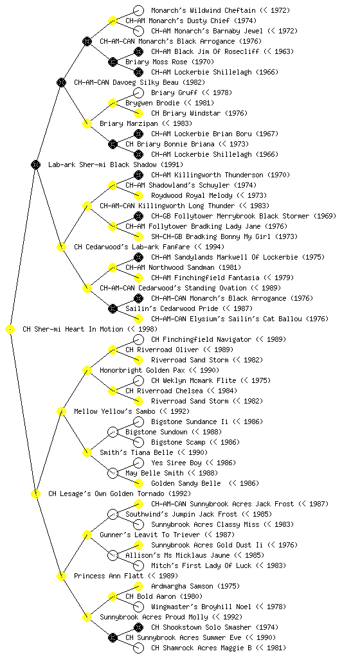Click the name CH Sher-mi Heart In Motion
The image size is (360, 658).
tap(73, 330)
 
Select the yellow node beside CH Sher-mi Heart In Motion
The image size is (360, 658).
tap(10, 330)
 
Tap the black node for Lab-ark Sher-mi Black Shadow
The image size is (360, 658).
tap(35, 165)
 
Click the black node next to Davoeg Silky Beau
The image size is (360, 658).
tap(61, 83)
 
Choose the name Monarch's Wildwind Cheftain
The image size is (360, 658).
tap(203, 10)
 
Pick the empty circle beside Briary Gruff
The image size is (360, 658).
tap(138, 93)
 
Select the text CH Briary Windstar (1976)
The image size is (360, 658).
tap(199, 113)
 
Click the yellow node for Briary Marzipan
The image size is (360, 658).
tap(87, 124)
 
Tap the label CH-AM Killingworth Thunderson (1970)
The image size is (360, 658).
tap(221, 175)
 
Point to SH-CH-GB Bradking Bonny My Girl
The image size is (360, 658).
tap(212, 236)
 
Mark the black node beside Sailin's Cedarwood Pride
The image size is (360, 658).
tap(113, 309)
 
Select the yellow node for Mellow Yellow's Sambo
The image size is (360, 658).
tap(61, 412)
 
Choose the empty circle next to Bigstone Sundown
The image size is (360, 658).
tap(113, 432)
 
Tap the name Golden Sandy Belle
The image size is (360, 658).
tap(186, 483)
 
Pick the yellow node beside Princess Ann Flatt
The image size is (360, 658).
tap(61, 576)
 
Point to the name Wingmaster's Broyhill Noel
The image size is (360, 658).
tap(201, 607)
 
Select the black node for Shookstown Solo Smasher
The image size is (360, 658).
tap(138, 627)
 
